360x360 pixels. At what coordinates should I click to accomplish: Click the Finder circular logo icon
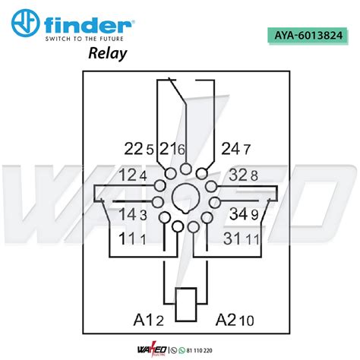click(x=25, y=23)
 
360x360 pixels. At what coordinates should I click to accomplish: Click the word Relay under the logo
click(x=108, y=53)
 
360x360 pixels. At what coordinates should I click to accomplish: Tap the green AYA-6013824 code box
click(x=308, y=36)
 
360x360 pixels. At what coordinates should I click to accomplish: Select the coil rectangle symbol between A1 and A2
click(x=186, y=305)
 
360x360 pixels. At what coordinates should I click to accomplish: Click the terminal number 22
click(x=134, y=149)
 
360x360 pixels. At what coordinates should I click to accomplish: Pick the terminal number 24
click(x=231, y=149)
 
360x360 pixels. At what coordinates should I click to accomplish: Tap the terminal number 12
click(x=128, y=175)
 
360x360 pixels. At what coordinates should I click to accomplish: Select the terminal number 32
click(x=238, y=175)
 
